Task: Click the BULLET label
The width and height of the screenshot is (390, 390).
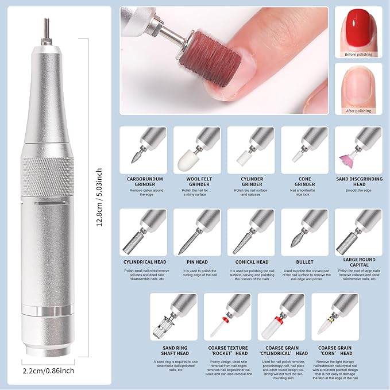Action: pyautogui.click(x=304, y=262)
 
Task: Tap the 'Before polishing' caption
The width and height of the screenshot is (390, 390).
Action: pyautogui.click(x=358, y=55)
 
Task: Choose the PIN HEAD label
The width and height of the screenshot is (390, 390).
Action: pyautogui.click(x=196, y=262)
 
